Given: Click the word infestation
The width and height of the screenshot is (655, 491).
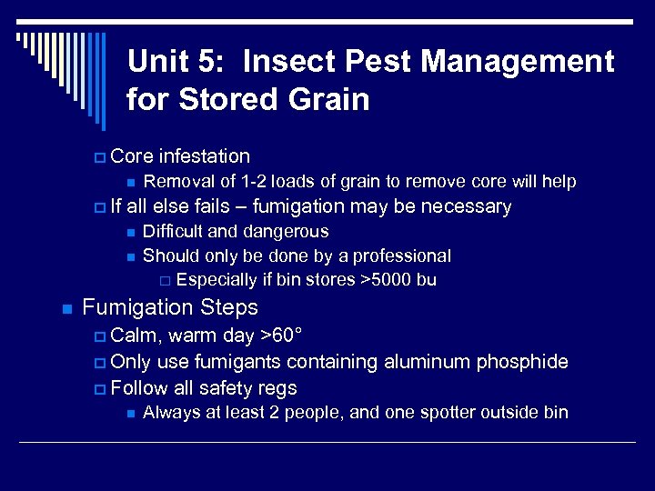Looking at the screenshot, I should (x=204, y=156).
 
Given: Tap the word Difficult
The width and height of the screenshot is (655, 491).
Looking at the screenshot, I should (x=178, y=232).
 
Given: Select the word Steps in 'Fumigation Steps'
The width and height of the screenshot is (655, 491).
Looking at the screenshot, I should (x=227, y=307).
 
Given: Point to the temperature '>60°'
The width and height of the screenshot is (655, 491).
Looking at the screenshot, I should (x=276, y=336).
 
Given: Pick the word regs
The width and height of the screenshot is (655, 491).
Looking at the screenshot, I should (x=277, y=388).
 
